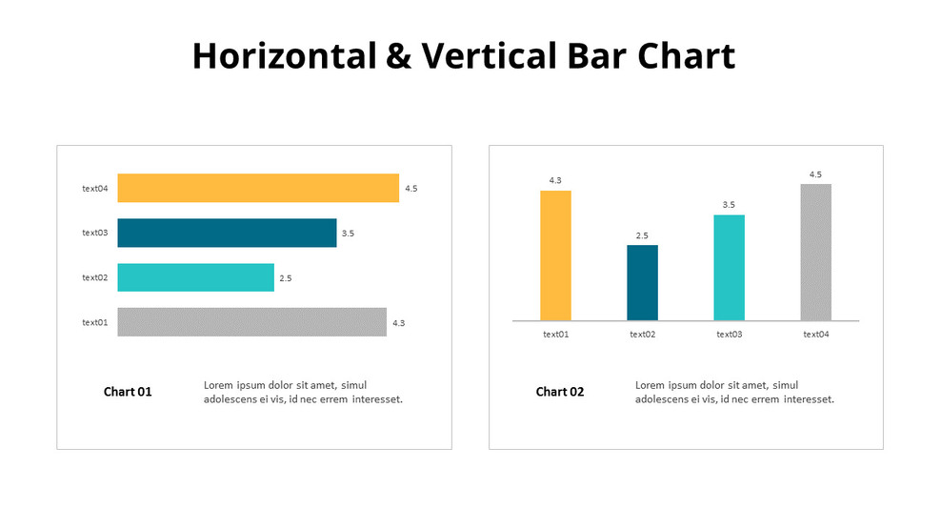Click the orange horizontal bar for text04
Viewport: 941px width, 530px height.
257,188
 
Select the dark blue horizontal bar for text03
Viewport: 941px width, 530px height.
227,233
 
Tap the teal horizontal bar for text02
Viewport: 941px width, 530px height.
195,277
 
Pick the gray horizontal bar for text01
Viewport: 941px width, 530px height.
251,322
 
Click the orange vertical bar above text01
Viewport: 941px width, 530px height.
555,255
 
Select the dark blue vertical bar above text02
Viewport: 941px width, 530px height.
642,282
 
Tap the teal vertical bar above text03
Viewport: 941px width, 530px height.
729,267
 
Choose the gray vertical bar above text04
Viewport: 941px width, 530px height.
816,252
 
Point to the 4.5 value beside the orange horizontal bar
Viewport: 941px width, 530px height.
410,189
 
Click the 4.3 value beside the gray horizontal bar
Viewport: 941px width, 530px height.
398,323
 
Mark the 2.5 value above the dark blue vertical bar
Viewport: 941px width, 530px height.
642,235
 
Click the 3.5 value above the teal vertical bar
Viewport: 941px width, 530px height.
729,205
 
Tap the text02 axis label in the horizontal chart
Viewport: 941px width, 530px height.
95,277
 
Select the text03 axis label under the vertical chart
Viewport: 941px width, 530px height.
729,335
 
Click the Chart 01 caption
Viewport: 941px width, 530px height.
128,392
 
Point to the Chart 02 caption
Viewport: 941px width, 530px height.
560,392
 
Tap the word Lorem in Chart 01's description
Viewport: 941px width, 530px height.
219,385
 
